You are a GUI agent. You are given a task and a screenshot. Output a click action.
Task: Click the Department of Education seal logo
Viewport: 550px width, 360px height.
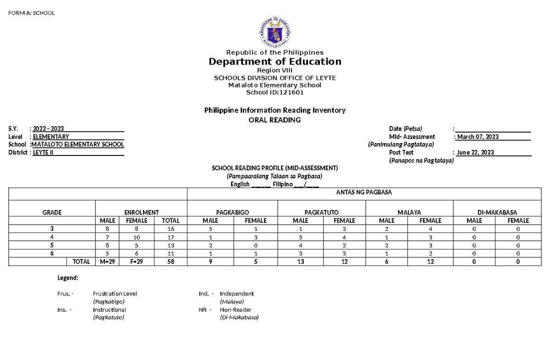click(x=275, y=32)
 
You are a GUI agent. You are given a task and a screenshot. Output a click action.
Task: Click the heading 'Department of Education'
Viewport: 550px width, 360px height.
click(x=275, y=61)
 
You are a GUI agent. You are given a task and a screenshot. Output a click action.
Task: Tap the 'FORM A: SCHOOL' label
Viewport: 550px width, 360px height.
click(x=31, y=13)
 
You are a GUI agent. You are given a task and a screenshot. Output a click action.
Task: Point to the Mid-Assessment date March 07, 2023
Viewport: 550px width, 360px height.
click(x=478, y=137)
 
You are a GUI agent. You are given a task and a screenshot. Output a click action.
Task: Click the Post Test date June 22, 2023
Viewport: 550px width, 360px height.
click(x=475, y=152)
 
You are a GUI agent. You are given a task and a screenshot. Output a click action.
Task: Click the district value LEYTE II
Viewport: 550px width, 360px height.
click(x=43, y=152)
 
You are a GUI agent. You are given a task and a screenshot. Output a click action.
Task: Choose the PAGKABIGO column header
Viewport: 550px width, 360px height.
click(x=232, y=212)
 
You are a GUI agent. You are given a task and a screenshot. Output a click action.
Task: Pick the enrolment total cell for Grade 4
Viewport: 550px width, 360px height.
click(x=171, y=238)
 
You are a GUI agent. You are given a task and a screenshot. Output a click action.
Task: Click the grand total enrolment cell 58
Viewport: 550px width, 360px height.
click(x=171, y=261)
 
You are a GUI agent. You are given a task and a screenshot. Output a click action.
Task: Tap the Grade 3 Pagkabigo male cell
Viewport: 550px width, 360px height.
click(x=210, y=228)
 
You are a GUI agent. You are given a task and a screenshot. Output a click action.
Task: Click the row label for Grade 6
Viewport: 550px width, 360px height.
click(x=52, y=253)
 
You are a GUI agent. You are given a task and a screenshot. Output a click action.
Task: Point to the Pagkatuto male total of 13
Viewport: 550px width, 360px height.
click(x=301, y=261)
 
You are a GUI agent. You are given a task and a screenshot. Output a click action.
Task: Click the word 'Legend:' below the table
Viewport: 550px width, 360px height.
click(x=67, y=278)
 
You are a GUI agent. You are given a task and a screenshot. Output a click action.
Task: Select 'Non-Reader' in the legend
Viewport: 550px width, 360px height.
click(x=236, y=310)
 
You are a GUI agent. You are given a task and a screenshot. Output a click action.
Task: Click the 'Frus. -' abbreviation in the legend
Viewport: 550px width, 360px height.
click(x=65, y=294)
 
